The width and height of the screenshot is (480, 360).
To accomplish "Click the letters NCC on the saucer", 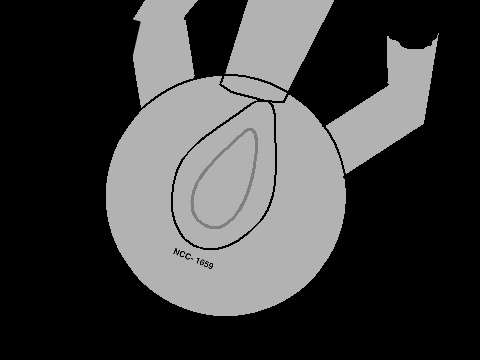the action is (182, 254).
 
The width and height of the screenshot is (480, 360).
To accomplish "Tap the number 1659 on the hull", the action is (204, 263).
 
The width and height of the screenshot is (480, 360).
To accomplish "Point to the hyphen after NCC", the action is (193, 258).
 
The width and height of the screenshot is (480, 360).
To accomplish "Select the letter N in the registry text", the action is (176, 252).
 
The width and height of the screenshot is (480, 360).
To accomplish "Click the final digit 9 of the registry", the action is (210, 265).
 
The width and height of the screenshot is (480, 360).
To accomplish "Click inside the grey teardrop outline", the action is (227, 187).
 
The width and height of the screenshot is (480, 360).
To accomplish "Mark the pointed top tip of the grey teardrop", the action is (250, 129).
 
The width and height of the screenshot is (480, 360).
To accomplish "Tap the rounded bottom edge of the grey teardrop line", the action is (213, 227).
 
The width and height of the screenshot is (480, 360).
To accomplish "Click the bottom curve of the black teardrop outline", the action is (208, 248).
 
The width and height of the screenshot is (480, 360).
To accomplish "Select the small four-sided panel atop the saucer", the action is (253, 87).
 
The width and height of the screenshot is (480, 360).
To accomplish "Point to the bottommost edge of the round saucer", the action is (227, 315).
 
